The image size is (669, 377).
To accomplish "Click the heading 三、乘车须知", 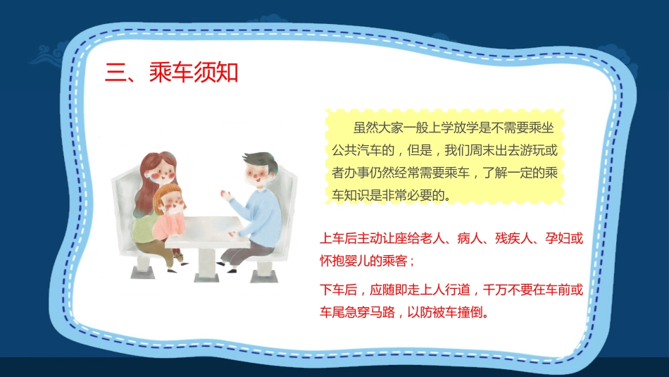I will click(x=171, y=72).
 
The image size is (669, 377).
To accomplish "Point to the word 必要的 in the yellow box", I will click(x=427, y=195).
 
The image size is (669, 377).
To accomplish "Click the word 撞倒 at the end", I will click(x=469, y=311).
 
